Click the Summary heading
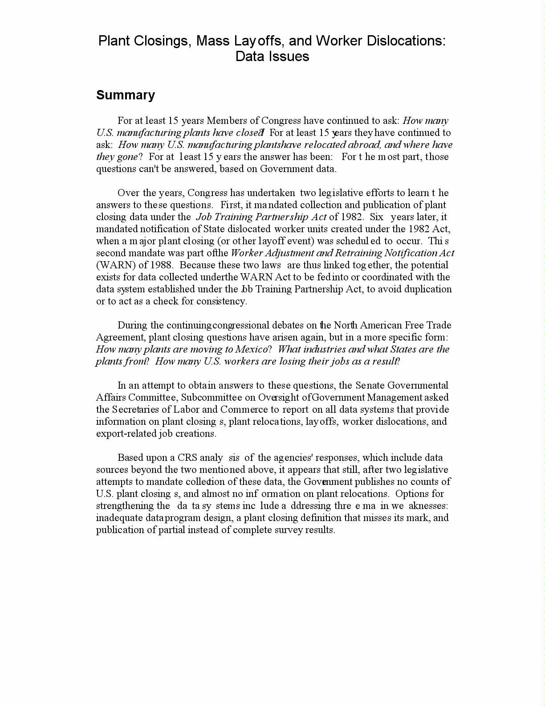(x=126, y=95)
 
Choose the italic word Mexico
(x=252, y=349)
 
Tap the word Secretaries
(x=136, y=410)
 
